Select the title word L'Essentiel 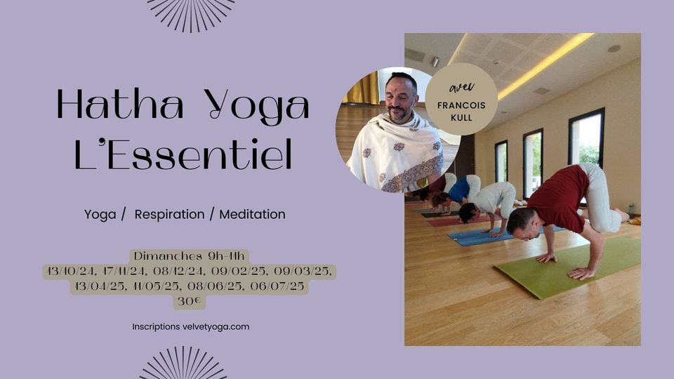183,154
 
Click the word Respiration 169,214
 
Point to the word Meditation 252,214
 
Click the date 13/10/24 72,272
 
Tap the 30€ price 189,301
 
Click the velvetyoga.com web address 216,326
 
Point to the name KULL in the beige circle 462,117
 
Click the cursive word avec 462,87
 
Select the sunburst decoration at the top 191,14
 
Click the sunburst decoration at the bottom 183,364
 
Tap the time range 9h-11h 226,256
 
